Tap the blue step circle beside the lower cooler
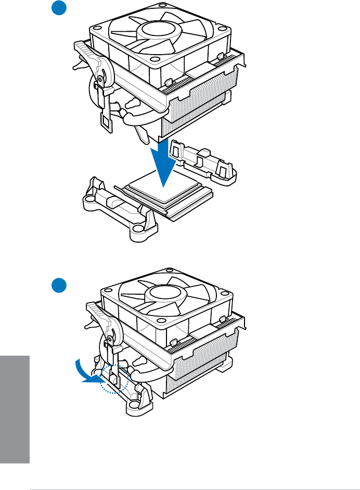pyautogui.click(x=59, y=285)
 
